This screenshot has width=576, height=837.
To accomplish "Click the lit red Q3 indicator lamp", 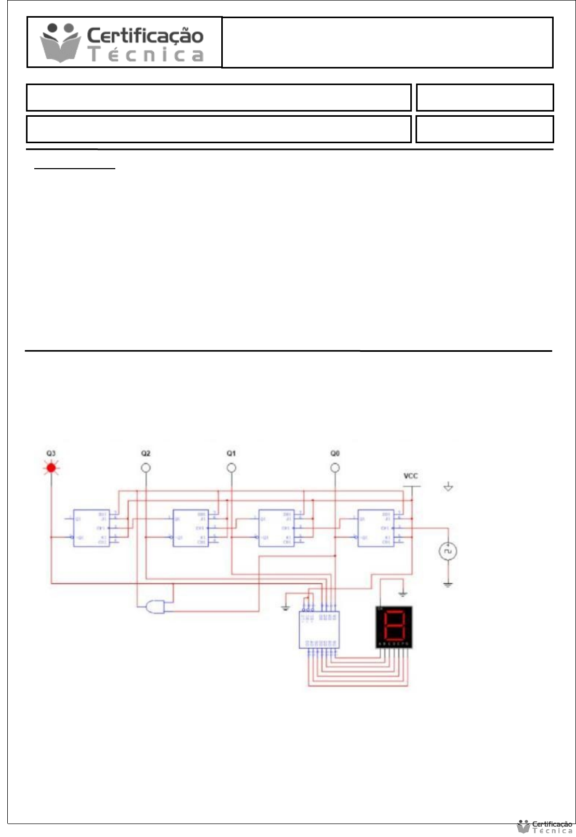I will point(51,468).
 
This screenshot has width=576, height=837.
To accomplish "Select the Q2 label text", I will point(146,454).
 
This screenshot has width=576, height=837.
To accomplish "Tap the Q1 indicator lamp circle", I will point(232,468).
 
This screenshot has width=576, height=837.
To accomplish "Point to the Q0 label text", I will point(335,454).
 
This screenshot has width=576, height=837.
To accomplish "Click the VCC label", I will point(410,476).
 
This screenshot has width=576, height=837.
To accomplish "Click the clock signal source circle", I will point(448,552).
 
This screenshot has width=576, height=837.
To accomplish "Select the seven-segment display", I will point(394,627).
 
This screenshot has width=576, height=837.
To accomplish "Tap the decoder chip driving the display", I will point(319,629).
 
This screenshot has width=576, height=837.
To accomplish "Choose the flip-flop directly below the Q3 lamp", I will point(91,528).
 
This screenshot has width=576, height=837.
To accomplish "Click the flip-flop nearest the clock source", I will point(376,528).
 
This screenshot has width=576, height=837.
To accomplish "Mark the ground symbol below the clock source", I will point(448,585).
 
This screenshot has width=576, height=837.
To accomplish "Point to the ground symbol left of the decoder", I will point(286,608).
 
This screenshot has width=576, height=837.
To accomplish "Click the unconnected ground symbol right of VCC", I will point(448,487).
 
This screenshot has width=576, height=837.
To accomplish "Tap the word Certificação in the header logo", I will point(145,36).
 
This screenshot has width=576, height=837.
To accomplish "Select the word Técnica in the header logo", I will point(146,54).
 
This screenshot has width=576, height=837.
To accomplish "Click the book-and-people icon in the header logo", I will point(61,43).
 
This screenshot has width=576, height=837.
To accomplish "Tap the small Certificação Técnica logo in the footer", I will point(545,827).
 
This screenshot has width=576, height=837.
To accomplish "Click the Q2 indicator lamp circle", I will point(146,468).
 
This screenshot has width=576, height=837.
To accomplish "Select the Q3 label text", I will point(51,454).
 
